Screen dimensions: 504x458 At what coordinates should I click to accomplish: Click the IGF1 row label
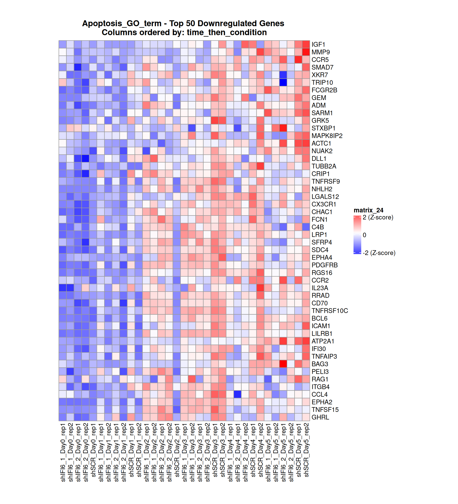coord(318,44)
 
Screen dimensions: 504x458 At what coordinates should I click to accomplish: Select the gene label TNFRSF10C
coord(330,311)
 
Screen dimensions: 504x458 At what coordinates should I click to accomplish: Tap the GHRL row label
coord(320,417)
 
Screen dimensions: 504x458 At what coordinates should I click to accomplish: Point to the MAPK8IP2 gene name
coord(327,136)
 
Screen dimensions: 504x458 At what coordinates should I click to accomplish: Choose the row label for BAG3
coord(320,364)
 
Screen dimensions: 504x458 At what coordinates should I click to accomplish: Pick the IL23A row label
coord(320,288)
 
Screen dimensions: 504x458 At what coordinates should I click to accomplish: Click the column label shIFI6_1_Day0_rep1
coord(63,452)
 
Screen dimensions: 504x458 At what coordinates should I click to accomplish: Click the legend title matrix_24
coord(368,210)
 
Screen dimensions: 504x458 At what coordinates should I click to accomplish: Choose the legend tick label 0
coord(364,235)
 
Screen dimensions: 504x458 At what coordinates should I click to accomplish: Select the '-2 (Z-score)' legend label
coord(379,253)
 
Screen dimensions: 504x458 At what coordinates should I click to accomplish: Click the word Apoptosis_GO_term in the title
coord(122,23)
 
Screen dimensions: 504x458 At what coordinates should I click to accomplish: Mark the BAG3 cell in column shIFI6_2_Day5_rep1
coord(283,364)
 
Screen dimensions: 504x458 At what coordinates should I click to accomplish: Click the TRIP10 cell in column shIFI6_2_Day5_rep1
coord(283,83)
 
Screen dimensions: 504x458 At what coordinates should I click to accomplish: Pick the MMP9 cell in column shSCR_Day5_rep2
coord(306,52)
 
